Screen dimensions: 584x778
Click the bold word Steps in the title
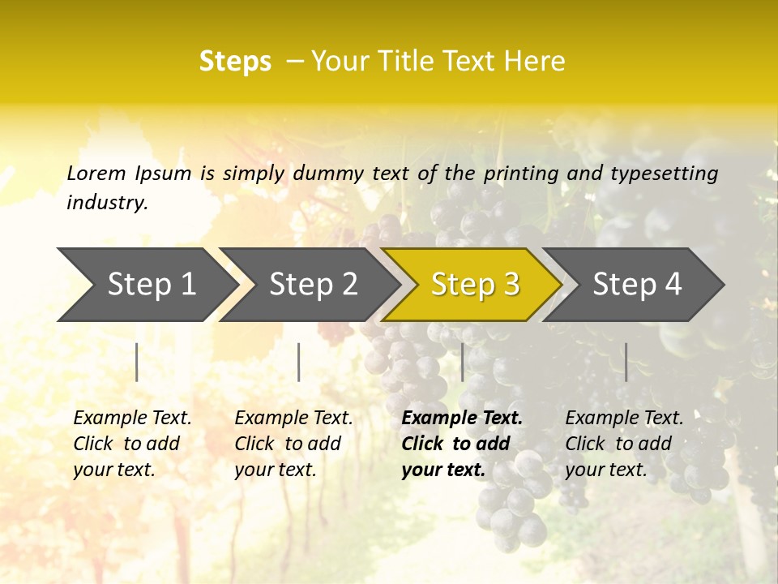tap(235, 62)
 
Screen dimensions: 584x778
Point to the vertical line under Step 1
tap(137, 362)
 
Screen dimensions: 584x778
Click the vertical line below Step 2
tap(299, 362)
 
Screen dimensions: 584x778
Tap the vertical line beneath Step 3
tap(462, 362)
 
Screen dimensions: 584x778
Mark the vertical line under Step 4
tap(626, 362)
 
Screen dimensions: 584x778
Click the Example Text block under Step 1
tap(132, 444)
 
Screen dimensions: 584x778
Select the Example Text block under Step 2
tap(293, 444)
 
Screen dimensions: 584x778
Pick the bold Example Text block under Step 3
tap(461, 444)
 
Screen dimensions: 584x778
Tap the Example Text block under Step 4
tap(624, 444)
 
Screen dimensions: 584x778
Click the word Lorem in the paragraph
tap(96, 174)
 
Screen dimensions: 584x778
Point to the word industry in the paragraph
tap(107, 203)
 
